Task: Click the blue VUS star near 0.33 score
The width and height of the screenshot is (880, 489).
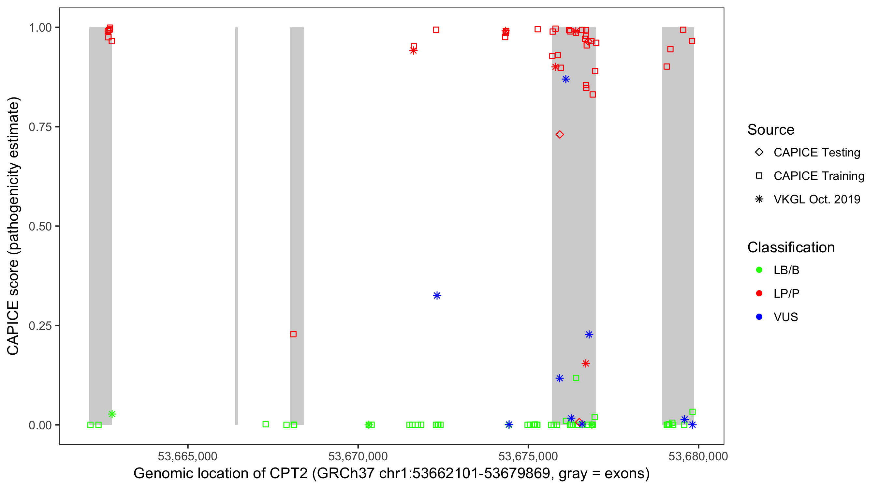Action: click(437, 296)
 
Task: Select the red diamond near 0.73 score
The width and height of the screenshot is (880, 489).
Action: click(560, 134)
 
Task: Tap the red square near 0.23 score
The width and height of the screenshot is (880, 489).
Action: click(293, 334)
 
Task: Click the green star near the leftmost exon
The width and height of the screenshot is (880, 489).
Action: click(112, 414)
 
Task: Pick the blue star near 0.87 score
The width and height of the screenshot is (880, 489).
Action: click(566, 79)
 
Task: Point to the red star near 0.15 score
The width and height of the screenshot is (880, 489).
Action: click(586, 363)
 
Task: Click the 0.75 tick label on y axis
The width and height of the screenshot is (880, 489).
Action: click(40, 127)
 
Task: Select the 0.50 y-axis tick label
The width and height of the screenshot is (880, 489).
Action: click(40, 226)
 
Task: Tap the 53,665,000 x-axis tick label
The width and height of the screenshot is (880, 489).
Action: click(187, 456)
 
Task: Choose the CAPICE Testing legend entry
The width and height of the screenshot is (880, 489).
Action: click(816, 153)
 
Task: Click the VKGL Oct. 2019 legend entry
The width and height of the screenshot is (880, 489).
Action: click(816, 199)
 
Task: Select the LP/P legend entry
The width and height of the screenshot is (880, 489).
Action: click(786, 293)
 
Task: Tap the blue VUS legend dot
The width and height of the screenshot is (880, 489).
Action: click(759, 317)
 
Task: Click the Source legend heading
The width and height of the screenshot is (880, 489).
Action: click(771, 130)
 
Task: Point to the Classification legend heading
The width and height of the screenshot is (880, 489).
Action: click(791, 247)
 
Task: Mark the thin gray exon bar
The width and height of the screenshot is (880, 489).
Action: click(237, 226)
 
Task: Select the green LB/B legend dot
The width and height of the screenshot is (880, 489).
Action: click(759, 270)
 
